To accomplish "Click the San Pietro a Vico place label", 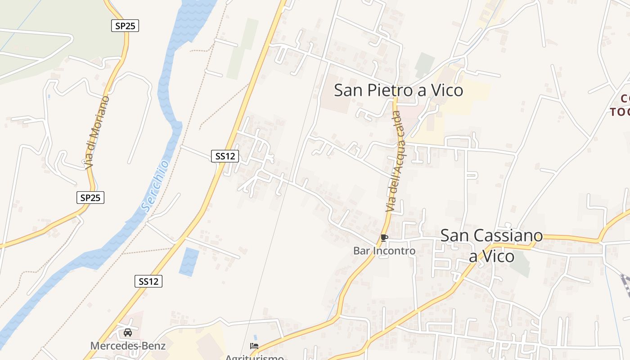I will coord(398,90).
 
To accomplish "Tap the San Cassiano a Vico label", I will coord(491,245).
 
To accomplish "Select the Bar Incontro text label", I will coord(384,251).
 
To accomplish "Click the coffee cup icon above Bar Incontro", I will coord(384,237).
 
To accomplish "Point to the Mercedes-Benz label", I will coord(128,346).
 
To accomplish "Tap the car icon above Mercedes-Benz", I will coord(128,333).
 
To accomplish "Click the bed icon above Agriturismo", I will coord(254,346).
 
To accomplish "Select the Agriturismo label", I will coord(254,357).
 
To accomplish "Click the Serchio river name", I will coord(156,185).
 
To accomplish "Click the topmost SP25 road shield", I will coord(125,26).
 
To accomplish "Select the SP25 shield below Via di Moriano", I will coord(90,197).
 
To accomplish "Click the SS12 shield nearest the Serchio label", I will coord(225,156).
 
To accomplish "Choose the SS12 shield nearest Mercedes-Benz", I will coord(148,281).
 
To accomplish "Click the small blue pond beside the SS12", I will coord(189,261).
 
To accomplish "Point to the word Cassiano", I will coord(491,235).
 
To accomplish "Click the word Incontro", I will coord(396,251).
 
